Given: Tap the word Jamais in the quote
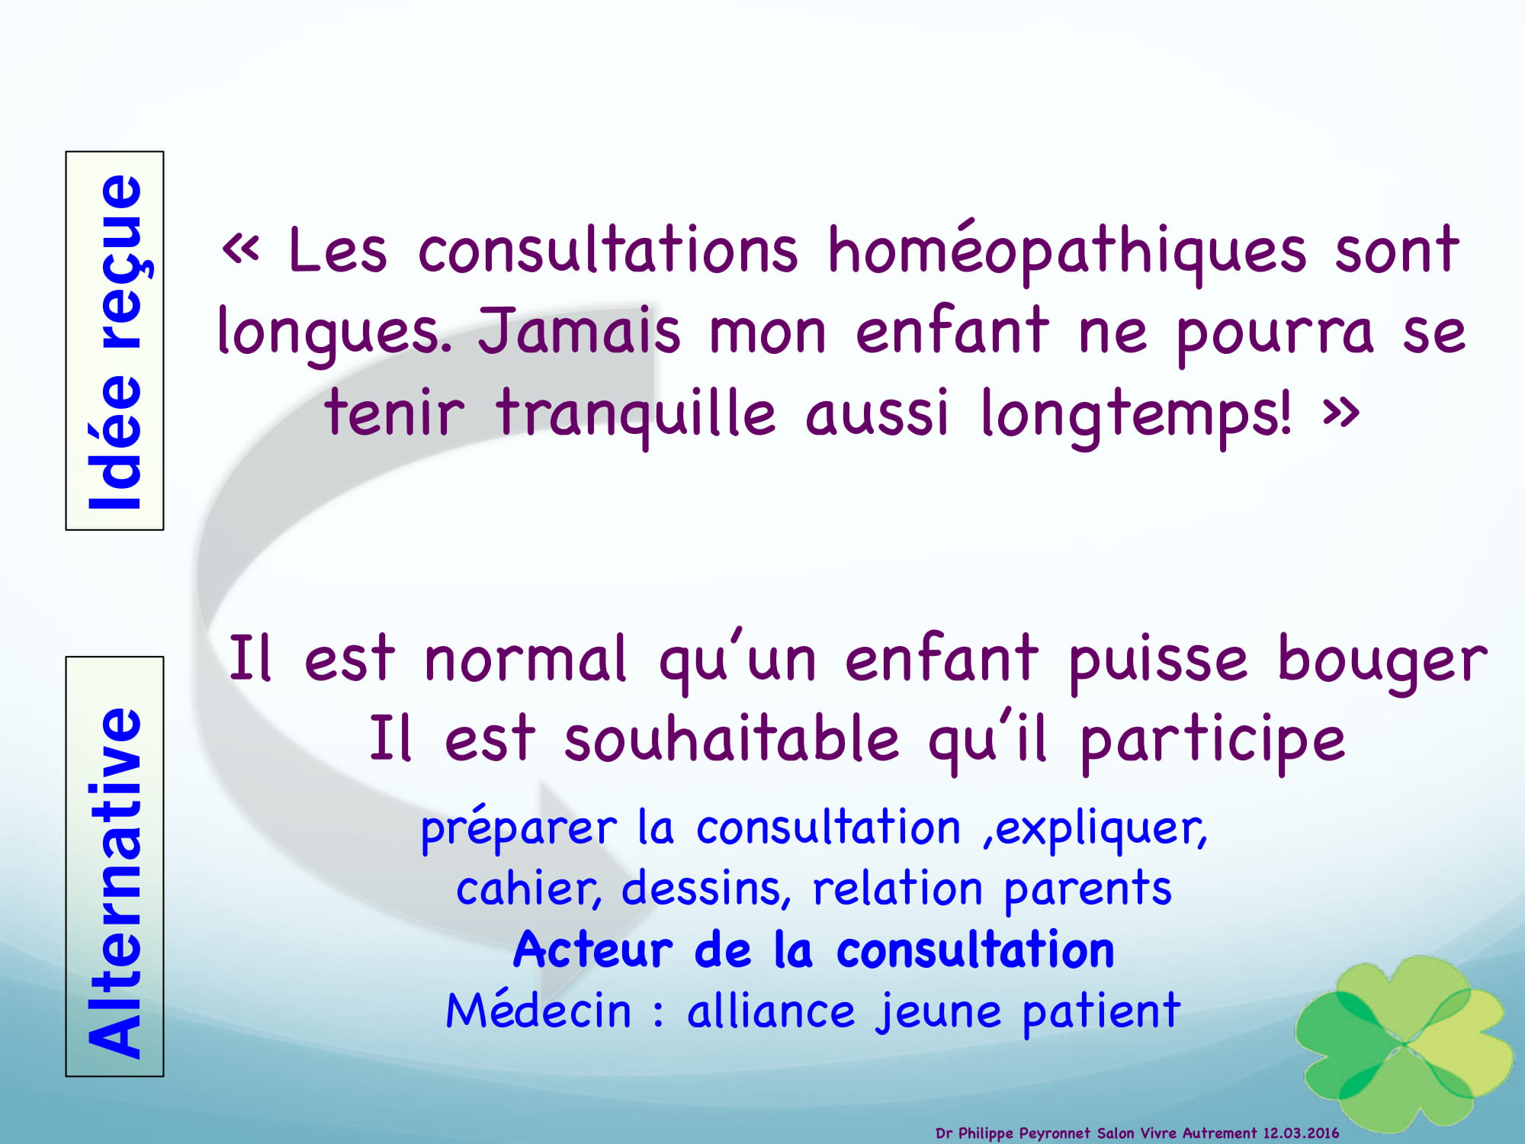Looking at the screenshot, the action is tap(579, 331).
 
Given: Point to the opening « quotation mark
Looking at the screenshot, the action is tap(241, 249).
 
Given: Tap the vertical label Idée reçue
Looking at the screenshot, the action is tap(115, 341).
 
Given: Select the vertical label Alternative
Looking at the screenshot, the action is tap(115, 882).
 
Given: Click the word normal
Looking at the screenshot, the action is tap(526, 658).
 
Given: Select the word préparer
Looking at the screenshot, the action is tap(518, 829).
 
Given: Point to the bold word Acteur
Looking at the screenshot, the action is tap(593, 950).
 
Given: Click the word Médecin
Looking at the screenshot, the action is tap(539, 1011).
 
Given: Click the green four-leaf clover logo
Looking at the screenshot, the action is tap(1405, 1042).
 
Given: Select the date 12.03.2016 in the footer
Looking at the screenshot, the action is tap(1301, 1133).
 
